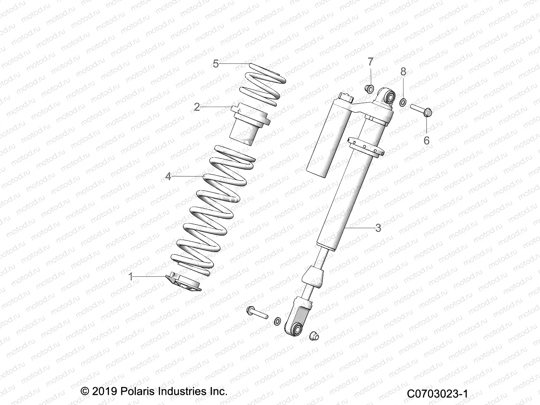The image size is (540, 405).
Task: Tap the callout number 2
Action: coord(197,107)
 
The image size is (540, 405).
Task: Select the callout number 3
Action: coord(378,228)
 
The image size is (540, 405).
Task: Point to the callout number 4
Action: coord(168,176)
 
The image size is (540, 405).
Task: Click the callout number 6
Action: coord(426,140)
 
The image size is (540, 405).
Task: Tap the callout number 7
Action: coord(371,62)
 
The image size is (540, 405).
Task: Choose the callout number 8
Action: coord(403,72)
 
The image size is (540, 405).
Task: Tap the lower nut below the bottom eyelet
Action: coord(314,335)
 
